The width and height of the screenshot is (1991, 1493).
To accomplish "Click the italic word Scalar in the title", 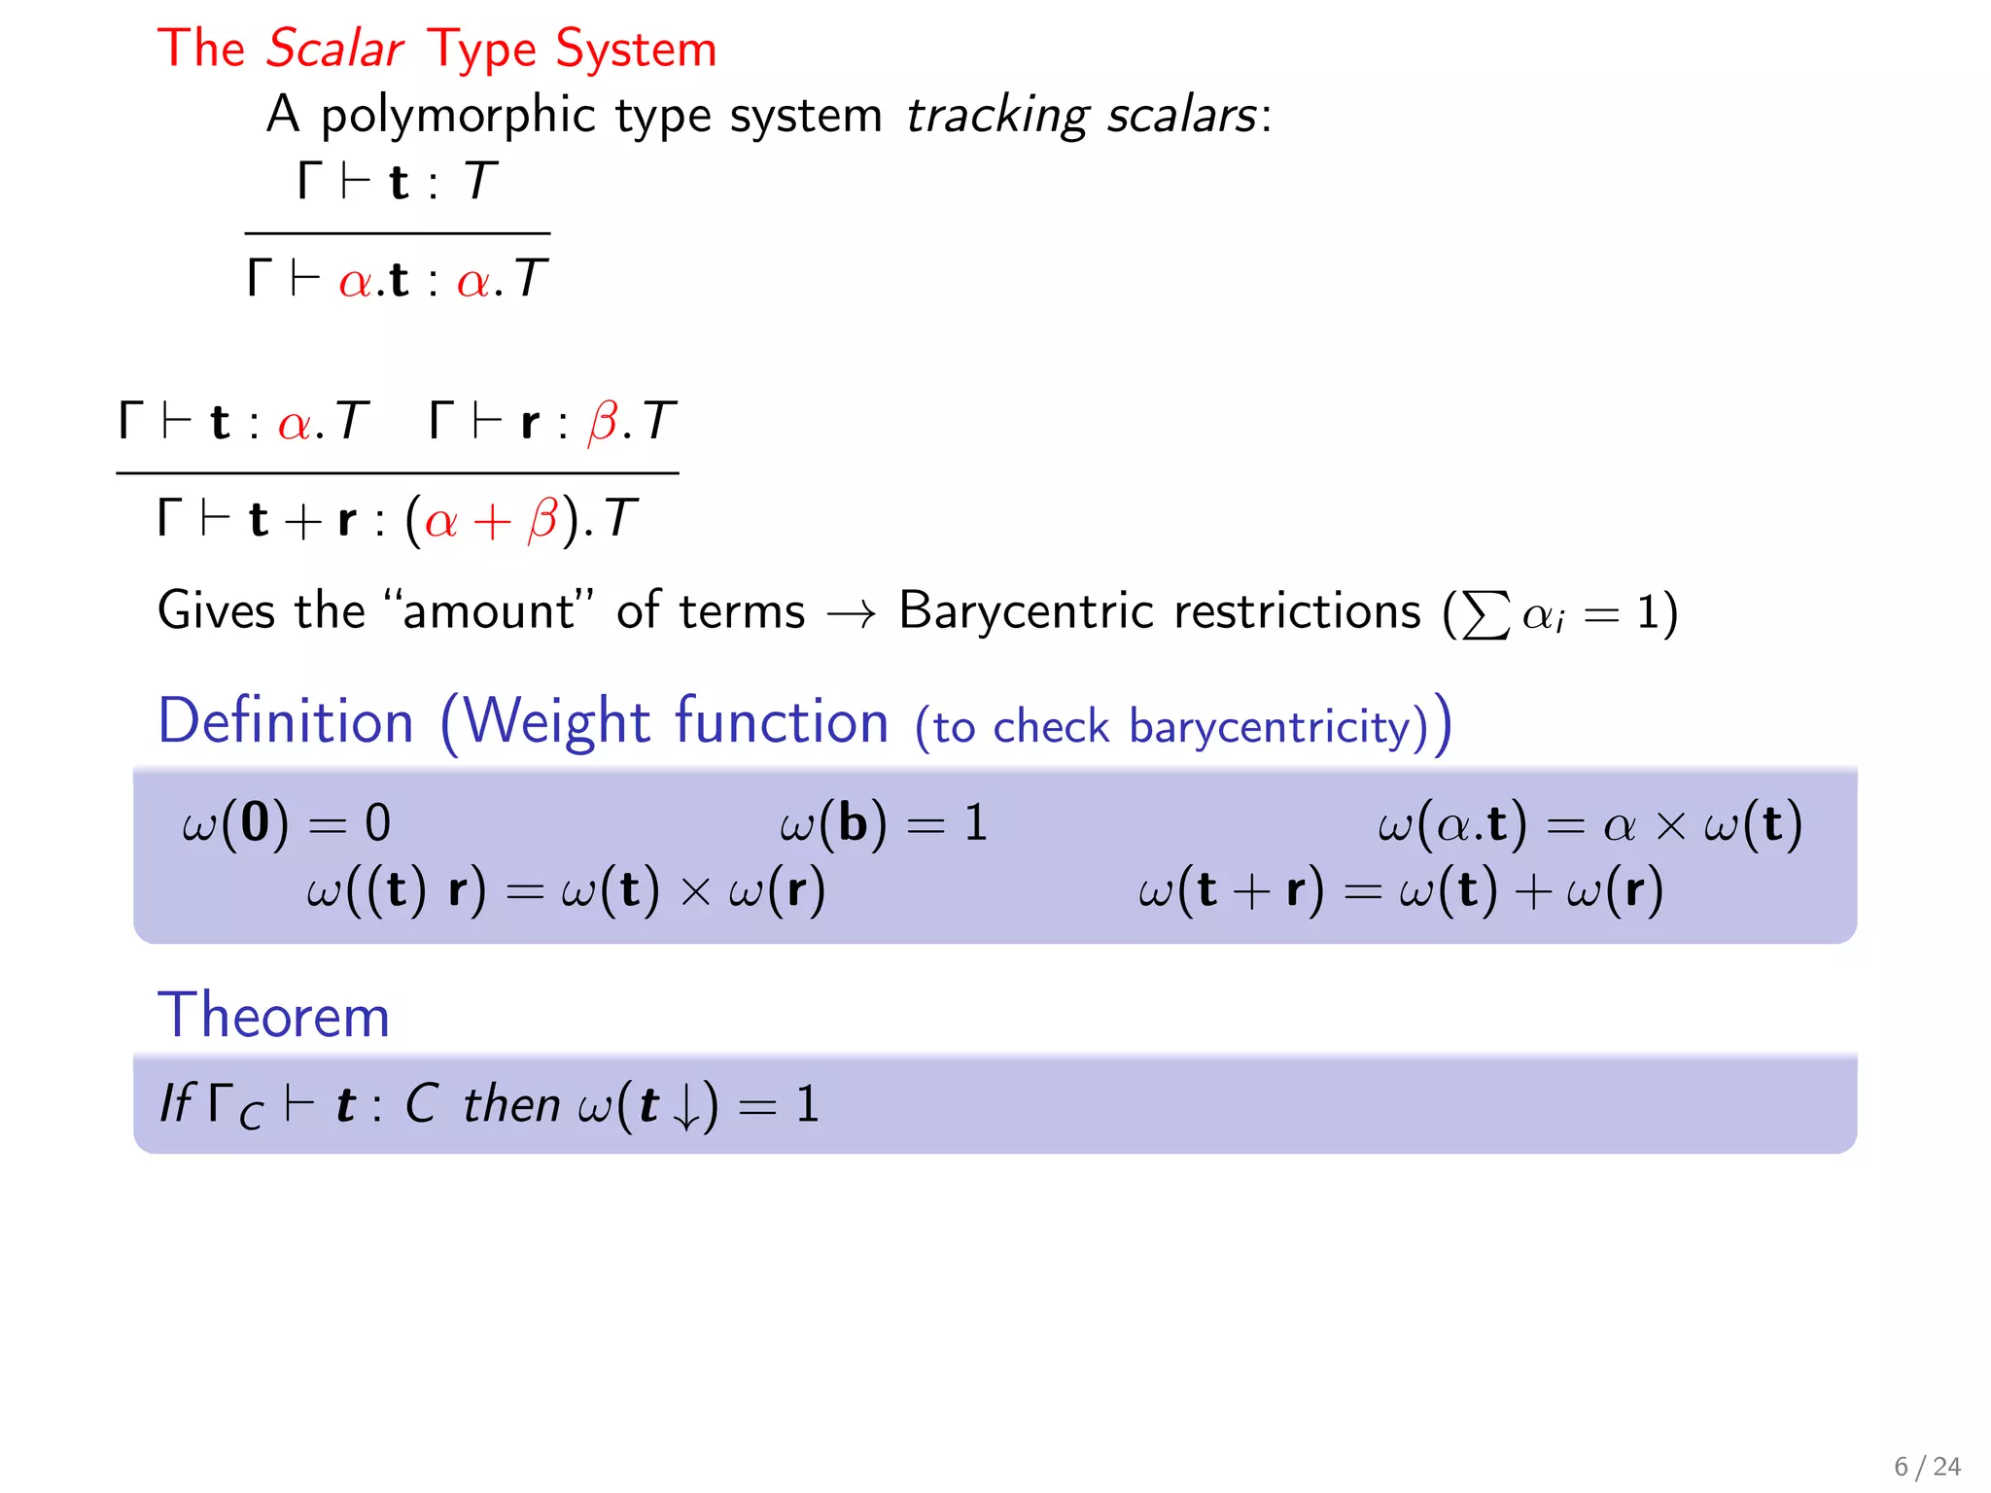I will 334,49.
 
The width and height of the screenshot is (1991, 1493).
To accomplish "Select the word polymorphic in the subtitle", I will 458,117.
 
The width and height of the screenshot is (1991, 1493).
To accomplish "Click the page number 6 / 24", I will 1926,1466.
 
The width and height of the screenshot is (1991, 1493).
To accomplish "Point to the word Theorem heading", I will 273,1016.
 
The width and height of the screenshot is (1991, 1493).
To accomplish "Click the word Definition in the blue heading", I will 286,722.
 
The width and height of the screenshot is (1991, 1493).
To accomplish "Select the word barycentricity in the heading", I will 1277,727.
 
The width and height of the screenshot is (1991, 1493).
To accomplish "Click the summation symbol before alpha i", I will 1486,615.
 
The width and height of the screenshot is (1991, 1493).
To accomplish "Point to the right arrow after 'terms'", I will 852,613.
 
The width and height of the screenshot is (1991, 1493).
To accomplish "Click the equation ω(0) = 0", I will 286,823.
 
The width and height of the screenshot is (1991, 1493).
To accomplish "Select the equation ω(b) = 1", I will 883,823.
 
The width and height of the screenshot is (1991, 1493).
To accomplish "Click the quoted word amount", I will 488,611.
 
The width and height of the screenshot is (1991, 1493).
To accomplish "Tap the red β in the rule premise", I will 603,423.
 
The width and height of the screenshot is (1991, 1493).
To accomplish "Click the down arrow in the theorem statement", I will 686,1108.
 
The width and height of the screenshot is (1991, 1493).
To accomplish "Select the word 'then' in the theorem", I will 511,1105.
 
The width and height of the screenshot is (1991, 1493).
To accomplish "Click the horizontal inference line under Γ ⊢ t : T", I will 398,233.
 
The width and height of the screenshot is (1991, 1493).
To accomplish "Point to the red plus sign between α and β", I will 492,521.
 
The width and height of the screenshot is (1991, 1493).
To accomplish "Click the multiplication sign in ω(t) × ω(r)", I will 695,891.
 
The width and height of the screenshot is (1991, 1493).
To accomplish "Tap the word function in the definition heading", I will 782,722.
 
